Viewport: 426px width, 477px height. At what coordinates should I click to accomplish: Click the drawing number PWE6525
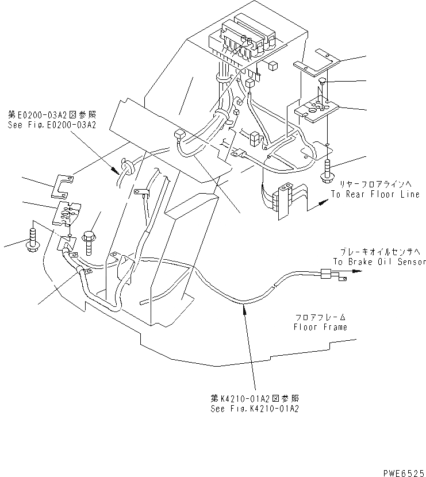coord(401,470)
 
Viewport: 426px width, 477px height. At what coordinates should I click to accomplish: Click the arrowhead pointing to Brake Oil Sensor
coord(361,274)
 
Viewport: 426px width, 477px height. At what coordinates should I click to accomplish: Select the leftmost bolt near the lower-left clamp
coord(31,240)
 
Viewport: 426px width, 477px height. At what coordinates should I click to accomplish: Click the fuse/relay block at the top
coord(244,38)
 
